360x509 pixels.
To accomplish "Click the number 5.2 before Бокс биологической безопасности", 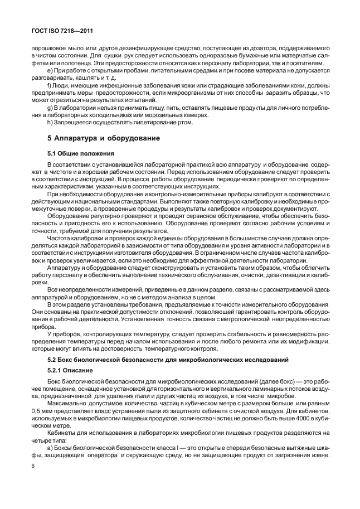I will click(x=53, y=360).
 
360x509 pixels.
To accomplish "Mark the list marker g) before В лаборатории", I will click(x=51, y=107).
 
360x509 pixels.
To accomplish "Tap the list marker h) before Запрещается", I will click(x=51, y=123).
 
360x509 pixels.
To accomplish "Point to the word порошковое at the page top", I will click(x=47, y=47).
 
